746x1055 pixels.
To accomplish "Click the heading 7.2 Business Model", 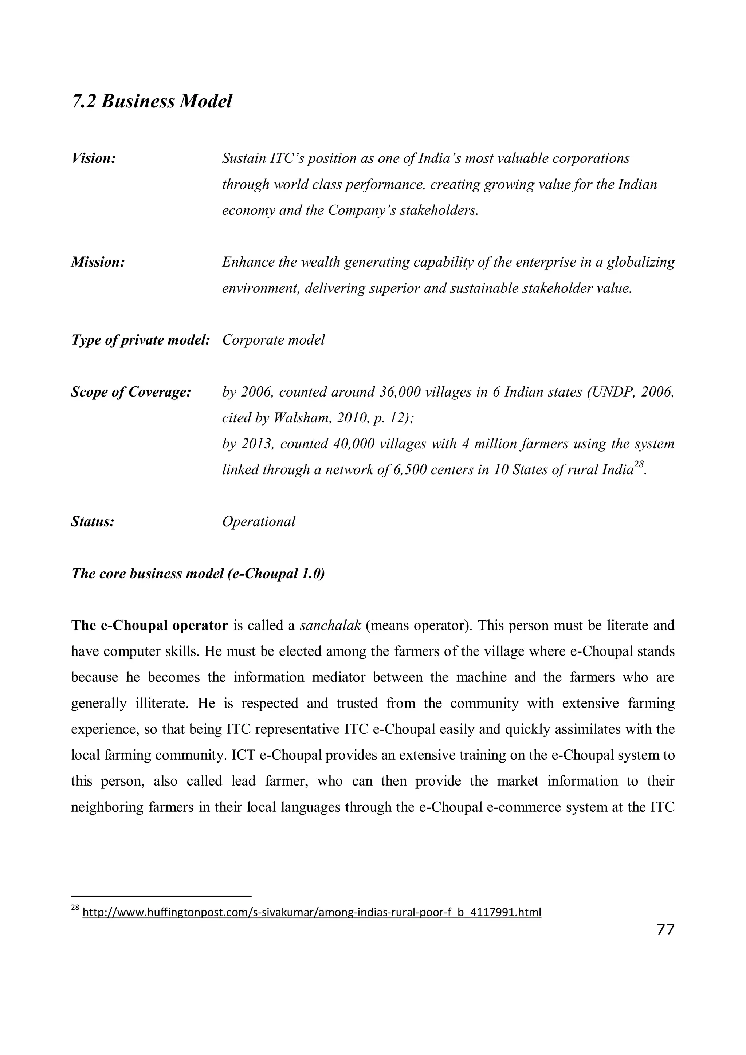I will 152,102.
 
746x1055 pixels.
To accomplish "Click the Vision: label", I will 93,158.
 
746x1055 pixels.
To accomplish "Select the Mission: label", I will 98,262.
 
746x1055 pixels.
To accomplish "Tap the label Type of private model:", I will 141,340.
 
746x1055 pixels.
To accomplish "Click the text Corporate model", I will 274,340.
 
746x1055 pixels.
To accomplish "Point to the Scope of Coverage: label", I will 131,392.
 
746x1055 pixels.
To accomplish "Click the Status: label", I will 93,522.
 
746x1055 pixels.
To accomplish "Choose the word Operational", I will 259,522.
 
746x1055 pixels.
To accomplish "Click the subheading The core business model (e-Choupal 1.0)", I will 198,574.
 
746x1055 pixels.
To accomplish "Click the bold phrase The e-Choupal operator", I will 149,626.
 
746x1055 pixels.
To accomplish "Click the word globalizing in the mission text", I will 641,262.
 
